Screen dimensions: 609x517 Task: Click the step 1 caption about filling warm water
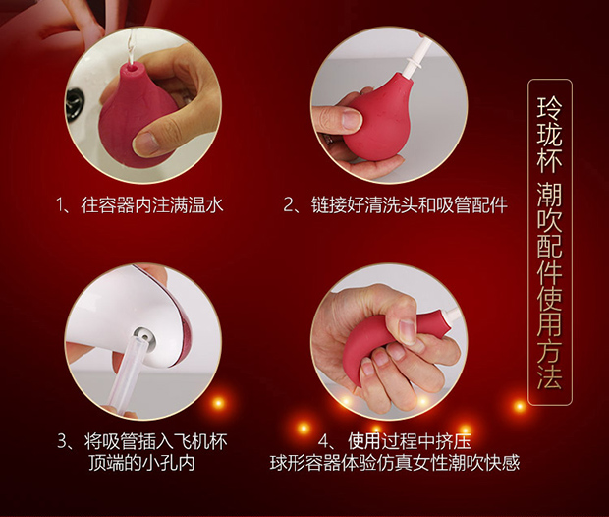pos(139,204)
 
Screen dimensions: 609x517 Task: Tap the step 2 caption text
pos(396,204)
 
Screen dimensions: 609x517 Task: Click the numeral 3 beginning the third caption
pos(62,442)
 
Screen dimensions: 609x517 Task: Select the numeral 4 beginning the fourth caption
pos(323,442)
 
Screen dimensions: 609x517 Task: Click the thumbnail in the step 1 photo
pos(145,143)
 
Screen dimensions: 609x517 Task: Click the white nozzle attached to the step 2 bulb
pos(413,58)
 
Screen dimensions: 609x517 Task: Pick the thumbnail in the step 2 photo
pos(352,119)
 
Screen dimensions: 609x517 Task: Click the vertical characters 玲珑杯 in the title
pos(549,134)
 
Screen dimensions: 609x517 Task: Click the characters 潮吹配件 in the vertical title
pos(549,233)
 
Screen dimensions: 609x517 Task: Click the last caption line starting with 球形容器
pos(395,463)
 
